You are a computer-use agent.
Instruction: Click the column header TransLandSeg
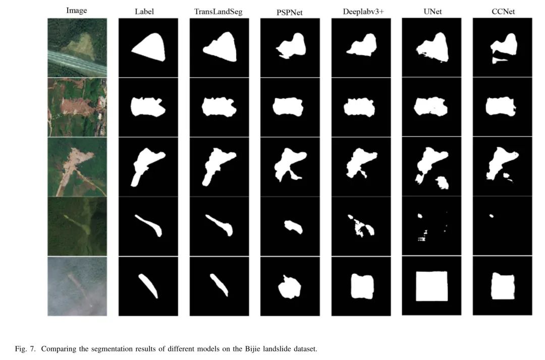coord(219,12)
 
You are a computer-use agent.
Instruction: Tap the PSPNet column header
coord(290,13)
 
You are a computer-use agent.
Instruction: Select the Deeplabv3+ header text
coord(363,12)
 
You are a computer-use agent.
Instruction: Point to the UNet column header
coord(433,12)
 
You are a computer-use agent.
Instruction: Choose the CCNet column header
coord(503,12)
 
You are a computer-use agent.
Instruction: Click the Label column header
coord(144,12)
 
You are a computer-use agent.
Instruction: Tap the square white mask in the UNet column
coord(431,286)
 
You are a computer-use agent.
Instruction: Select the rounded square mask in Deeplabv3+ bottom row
coord(362,286)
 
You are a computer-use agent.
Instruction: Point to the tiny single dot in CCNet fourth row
coord(492,216)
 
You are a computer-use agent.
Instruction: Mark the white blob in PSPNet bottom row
coord(290,287)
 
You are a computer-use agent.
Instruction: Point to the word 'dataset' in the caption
coord(305,348)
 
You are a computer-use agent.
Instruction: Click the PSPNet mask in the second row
coord(288,107)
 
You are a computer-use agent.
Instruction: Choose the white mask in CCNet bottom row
coord(503,286)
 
